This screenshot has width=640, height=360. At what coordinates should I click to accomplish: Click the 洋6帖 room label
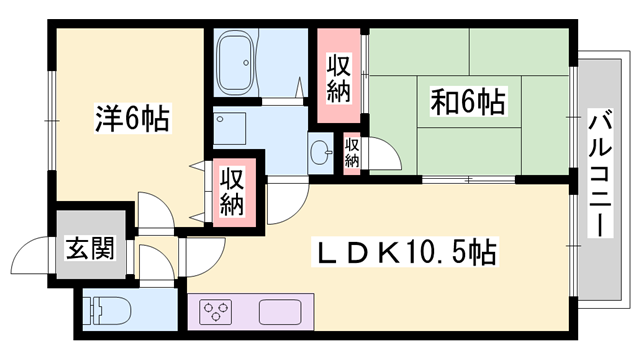pos(132,119)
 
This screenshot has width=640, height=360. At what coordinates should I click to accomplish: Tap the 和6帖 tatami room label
pos(467,101)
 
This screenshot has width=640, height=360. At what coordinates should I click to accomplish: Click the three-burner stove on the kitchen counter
pos(216,312)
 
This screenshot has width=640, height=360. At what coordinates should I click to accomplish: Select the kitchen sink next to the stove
pos(279,312)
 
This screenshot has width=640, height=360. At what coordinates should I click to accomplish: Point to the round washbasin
pos(321,153)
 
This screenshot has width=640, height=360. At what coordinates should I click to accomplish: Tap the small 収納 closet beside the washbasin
pos(352,152)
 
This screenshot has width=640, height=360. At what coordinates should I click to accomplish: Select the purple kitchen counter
pos(250,312)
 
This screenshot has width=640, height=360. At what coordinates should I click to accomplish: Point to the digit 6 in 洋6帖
pos(132,119)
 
